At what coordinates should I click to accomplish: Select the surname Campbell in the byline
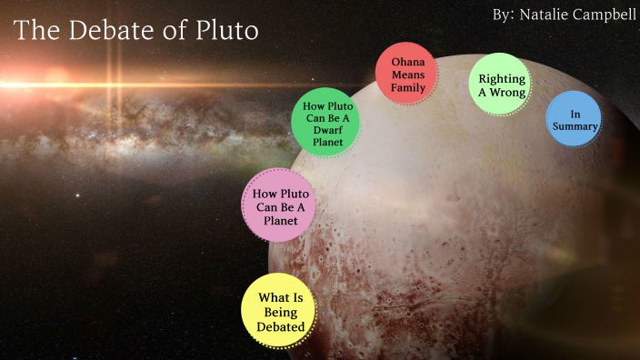[605, 15]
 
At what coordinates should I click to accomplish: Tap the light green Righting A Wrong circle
[502, 85]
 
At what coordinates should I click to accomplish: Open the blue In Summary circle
[574, 120]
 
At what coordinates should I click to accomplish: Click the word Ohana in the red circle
[408, 62]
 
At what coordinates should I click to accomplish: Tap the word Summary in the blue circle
[574, 127]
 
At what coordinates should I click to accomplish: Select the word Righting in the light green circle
[502, 79]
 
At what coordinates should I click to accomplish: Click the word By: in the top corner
[504, 15]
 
